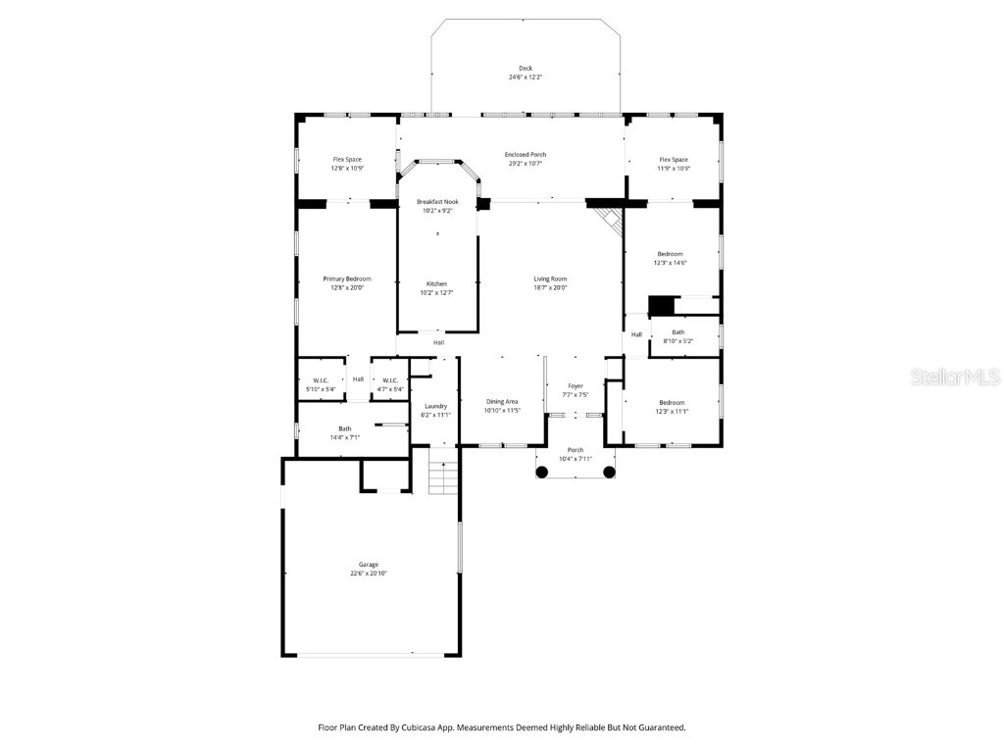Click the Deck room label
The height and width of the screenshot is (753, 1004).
526,68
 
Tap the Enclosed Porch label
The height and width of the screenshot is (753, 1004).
526,154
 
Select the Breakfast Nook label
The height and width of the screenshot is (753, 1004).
437,201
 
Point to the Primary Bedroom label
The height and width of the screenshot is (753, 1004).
347,278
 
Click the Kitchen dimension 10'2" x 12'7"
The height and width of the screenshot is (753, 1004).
437,292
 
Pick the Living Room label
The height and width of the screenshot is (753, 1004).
550,278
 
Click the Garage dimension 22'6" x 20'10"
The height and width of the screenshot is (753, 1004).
369,574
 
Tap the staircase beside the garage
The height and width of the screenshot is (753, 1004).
444,477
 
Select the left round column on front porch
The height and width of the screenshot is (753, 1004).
541,472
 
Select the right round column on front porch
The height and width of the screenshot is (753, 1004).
609,472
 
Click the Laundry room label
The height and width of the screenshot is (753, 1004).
436,406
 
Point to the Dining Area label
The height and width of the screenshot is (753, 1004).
502,402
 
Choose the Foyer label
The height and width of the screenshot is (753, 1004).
576,386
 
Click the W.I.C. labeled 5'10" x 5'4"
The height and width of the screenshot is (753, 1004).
320,380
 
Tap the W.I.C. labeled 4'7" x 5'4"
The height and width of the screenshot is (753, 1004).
389,380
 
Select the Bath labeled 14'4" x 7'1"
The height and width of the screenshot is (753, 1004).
345,428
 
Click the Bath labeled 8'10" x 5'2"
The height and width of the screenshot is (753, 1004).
678,331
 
